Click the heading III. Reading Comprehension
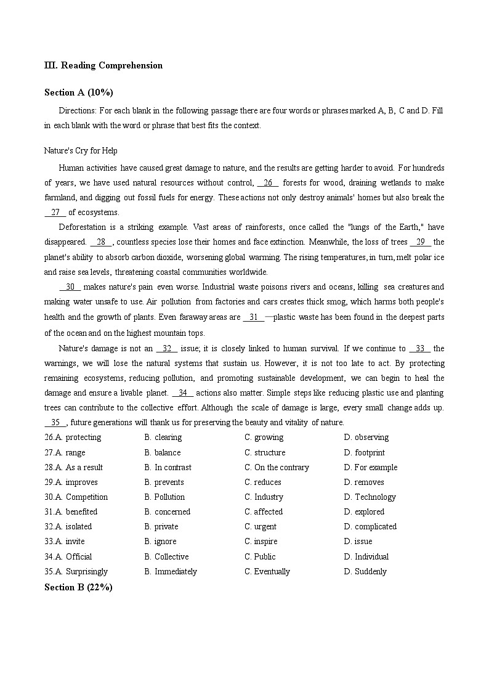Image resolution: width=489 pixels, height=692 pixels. pos(103,65)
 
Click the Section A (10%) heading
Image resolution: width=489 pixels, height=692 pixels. pos(79,92)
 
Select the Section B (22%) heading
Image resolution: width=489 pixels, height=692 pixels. pos(78,587)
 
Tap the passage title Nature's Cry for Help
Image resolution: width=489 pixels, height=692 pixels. pos(81,150)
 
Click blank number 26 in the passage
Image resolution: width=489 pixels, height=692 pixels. pos(268,182)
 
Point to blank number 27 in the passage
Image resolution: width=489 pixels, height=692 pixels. pos(55,212)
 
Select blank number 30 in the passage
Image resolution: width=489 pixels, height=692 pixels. pos(70,287)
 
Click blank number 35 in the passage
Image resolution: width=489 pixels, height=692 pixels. pos(55,422)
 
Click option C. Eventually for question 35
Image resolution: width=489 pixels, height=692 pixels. pos(267,571)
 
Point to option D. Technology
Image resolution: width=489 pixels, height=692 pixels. pos(370,497)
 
